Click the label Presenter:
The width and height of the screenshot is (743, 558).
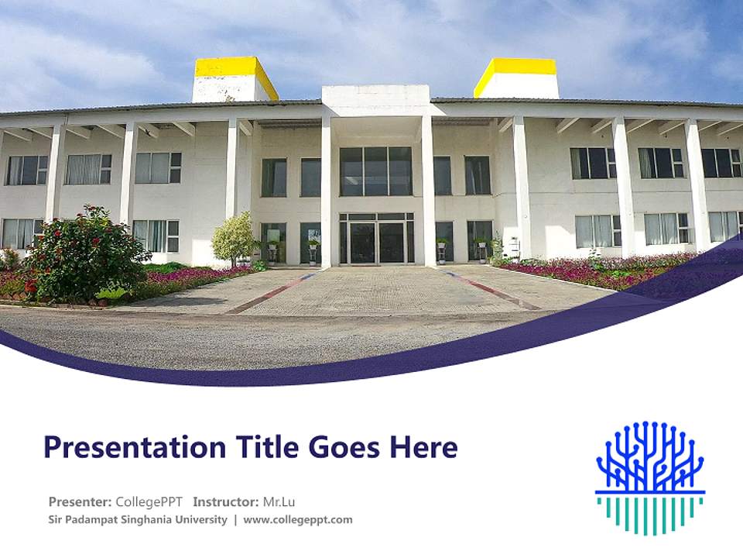click(80, 501)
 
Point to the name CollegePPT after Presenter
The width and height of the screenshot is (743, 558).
click(149, 501)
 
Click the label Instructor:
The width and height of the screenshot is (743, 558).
click(226, 501)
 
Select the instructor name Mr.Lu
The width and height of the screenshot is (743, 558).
click(279, 501)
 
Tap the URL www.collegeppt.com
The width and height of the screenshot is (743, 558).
click(298, 520)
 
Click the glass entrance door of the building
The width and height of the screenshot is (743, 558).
click(376, 242)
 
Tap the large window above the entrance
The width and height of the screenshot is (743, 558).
click(376, 171)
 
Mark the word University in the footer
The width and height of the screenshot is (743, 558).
click(205, 520)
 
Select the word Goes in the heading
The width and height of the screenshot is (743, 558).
click(342, 448)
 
